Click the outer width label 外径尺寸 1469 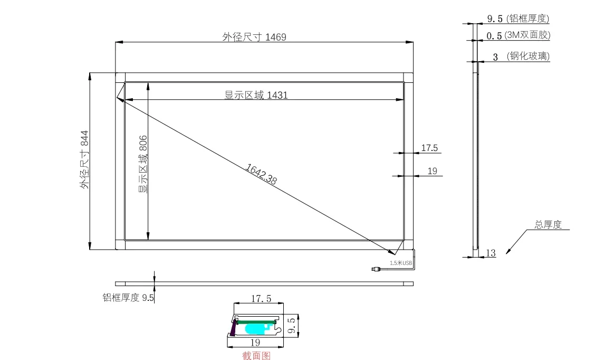(x=254, y=37)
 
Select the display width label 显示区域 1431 (x=256, y=95)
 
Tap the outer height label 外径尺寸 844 (x=84, y=160)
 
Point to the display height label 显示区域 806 (x=143, y=164)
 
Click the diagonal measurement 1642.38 (x=261, y=174)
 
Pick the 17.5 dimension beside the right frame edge (x=429, y=148)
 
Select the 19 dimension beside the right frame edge (x=433, y=171)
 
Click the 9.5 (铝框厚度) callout (x=518, y=18)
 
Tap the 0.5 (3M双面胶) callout (x=519, y=35)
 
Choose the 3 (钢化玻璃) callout (x=521, y=56)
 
